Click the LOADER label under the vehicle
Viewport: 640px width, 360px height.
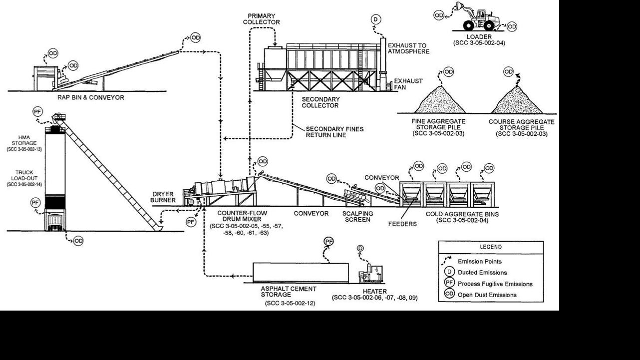(x=479, y=36)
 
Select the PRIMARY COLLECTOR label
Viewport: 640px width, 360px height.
(x=261, y=19)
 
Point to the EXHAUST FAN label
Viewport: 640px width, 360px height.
(x=408, y=84)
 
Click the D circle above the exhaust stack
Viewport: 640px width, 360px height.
(x=375, y=19)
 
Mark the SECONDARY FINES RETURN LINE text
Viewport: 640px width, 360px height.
(x=334, y=132)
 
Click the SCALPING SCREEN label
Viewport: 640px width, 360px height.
(x=358, y=216)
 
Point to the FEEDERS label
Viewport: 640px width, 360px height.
(x=402, y=224)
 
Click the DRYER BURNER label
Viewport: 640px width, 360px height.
(x=162, y=197)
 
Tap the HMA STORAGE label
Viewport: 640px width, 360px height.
(x=24, y=140)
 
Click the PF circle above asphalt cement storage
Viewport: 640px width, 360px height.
(x=328, y=242)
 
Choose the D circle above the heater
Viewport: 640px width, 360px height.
(x=360, y=248)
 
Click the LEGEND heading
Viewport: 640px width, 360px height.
(x=491, y=247)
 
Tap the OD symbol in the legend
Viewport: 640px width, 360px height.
(x=449, y=295)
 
